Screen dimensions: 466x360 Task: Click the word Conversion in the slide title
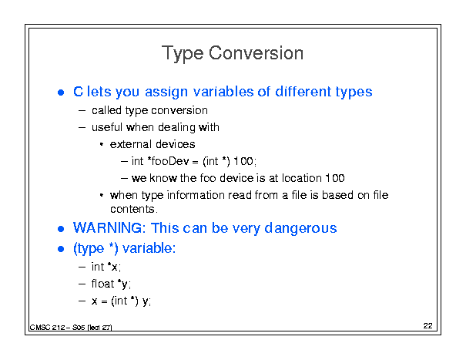pyautogui.click(x=256, y=53)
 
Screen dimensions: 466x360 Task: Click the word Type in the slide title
pyautogui.click(x=183, y=54)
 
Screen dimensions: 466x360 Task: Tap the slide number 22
pyautogui.click(x=428, y=326)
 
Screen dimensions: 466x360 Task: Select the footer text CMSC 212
pyautogui.click(x=47, y=328)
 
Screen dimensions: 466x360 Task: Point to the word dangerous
pyautogui.click(x=300, y=229)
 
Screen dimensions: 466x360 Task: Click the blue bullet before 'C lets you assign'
pyautogui.click(x=61, y=93)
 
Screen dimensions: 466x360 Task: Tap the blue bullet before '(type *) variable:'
pyautogui.click(x=61, y=249)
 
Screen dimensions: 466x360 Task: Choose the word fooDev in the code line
pyautogui.click(x=170, y=161)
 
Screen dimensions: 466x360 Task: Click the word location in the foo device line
pyautogui.click(x=302, y=178)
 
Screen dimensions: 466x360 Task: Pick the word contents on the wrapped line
pyautogui.click(x=132, y=209)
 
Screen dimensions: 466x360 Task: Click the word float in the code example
pyautogui.click(x=103, y=284)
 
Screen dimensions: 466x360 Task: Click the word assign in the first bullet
pyautogui.click(x=166, y=92)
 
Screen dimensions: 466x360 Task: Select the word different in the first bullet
pyautogui.click(x=303, y=91)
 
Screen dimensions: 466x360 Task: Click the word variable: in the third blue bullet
pyautogui.click(x=149, y=247)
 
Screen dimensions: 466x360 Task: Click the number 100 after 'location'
pyautogui.click(x=335, y=178)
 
